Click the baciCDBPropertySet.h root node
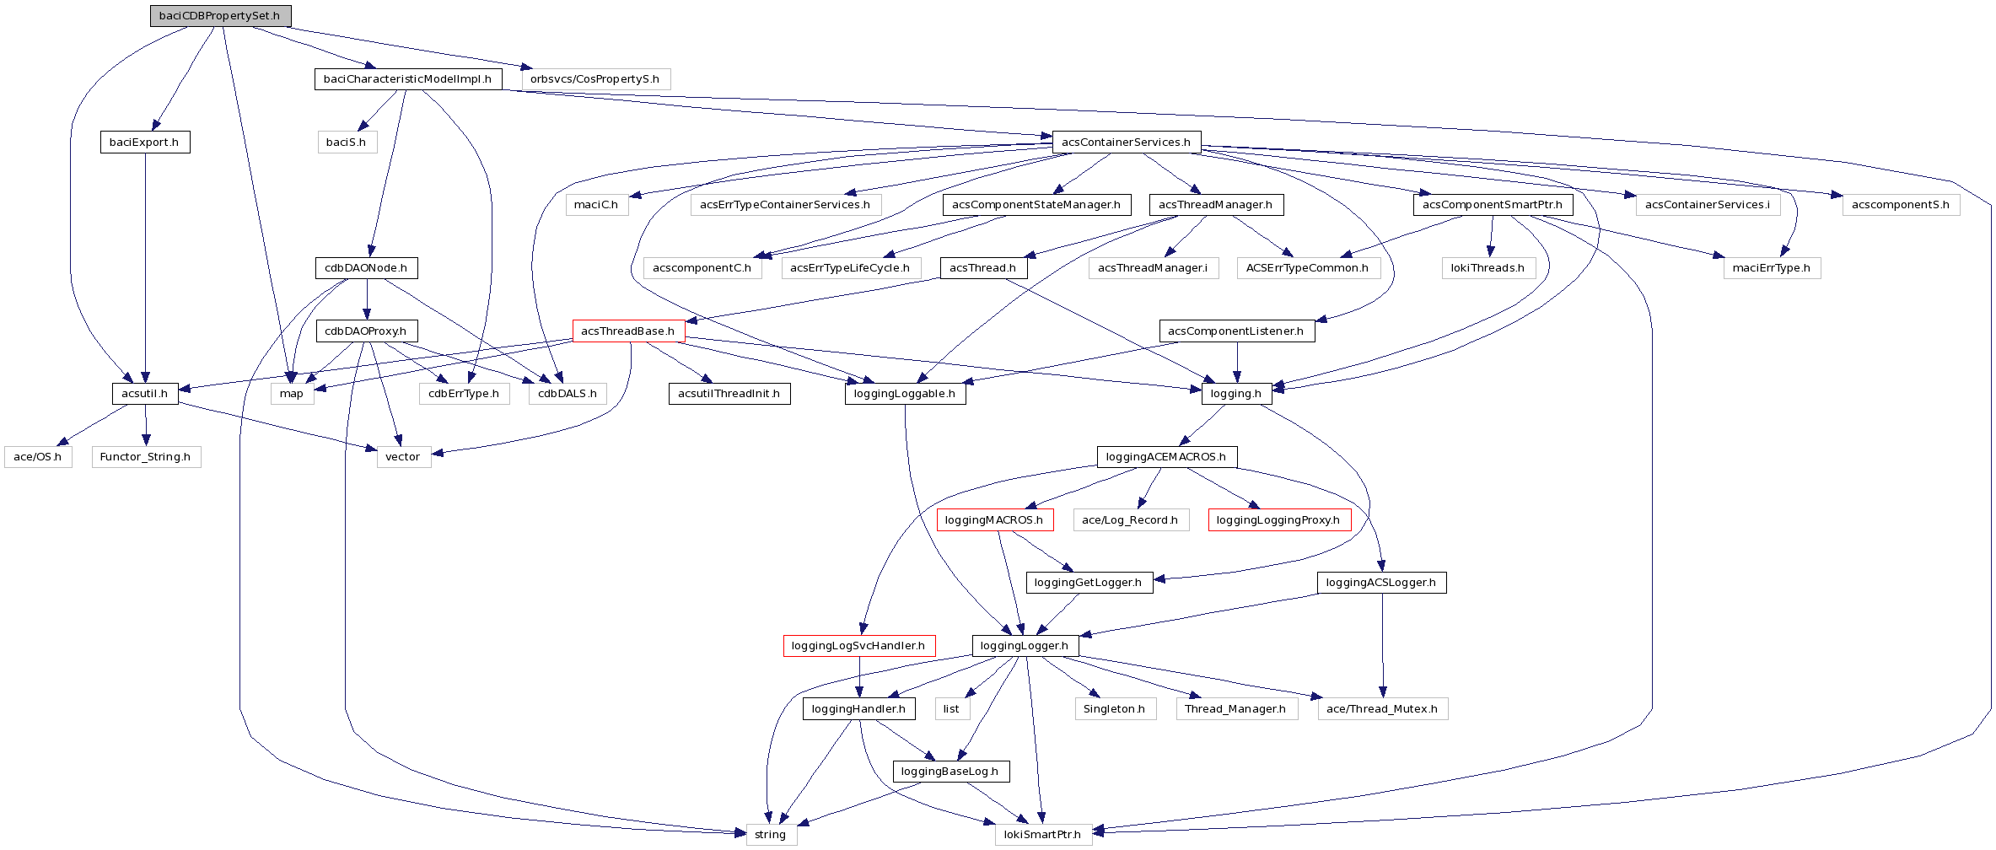pyautogui.click(x=220, y=16)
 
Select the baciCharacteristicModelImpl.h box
pyautogui.click(x=408, y=79)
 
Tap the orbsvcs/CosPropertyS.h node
pyautogui.click(x=595, y=79)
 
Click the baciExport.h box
pyautogui.click(x=145, y=143)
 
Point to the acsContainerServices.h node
pyautogui.click(x=1127, y=143)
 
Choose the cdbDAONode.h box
pyautogui.click(x=366, y=268)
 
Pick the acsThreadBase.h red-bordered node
pyautogui.click(x=628, y=331)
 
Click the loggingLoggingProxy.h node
pyautogui.click(x=1278, y=520)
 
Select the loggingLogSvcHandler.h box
pyautogui.click(x=858, y=646)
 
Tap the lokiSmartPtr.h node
pyautogui.click(x=1042, y=835)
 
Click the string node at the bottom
pyautogui.click(x=771, y=835)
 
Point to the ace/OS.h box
pyautogui.click(x=38, y=457)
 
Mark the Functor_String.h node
pyautogui.click(x=146, y=457)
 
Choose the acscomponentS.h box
pyautogui.click(x=1901, y=205)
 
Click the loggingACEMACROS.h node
pyautogui.click(x=1166, y=457)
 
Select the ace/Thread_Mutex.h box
pyautogui.click(x=1382, y=709)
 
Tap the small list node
pyautogui.click(x=951, y=709)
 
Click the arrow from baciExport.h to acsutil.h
pyautogui.click(x=146, y=270)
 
